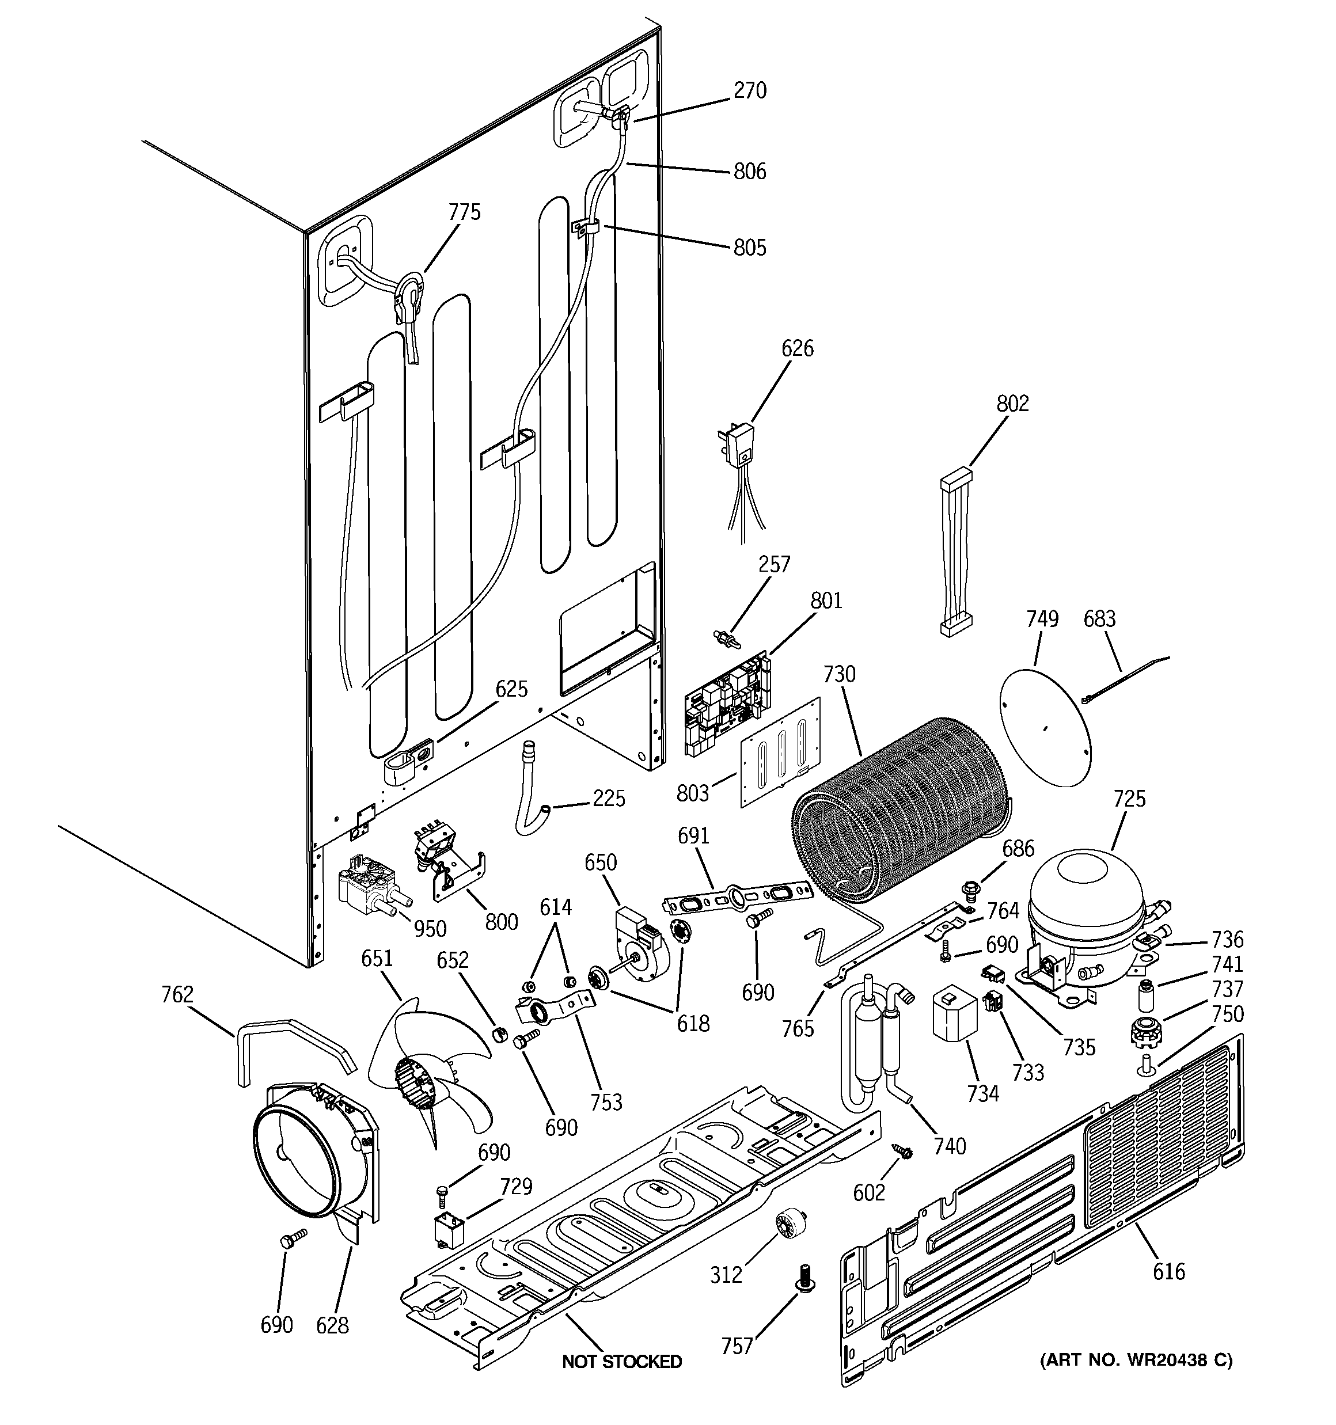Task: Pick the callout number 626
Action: pos(798,349)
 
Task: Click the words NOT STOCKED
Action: pos(621,1361)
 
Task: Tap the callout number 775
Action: pos(465,213)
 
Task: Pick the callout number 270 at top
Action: pos(750,91)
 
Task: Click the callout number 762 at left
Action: pos(177,994)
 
